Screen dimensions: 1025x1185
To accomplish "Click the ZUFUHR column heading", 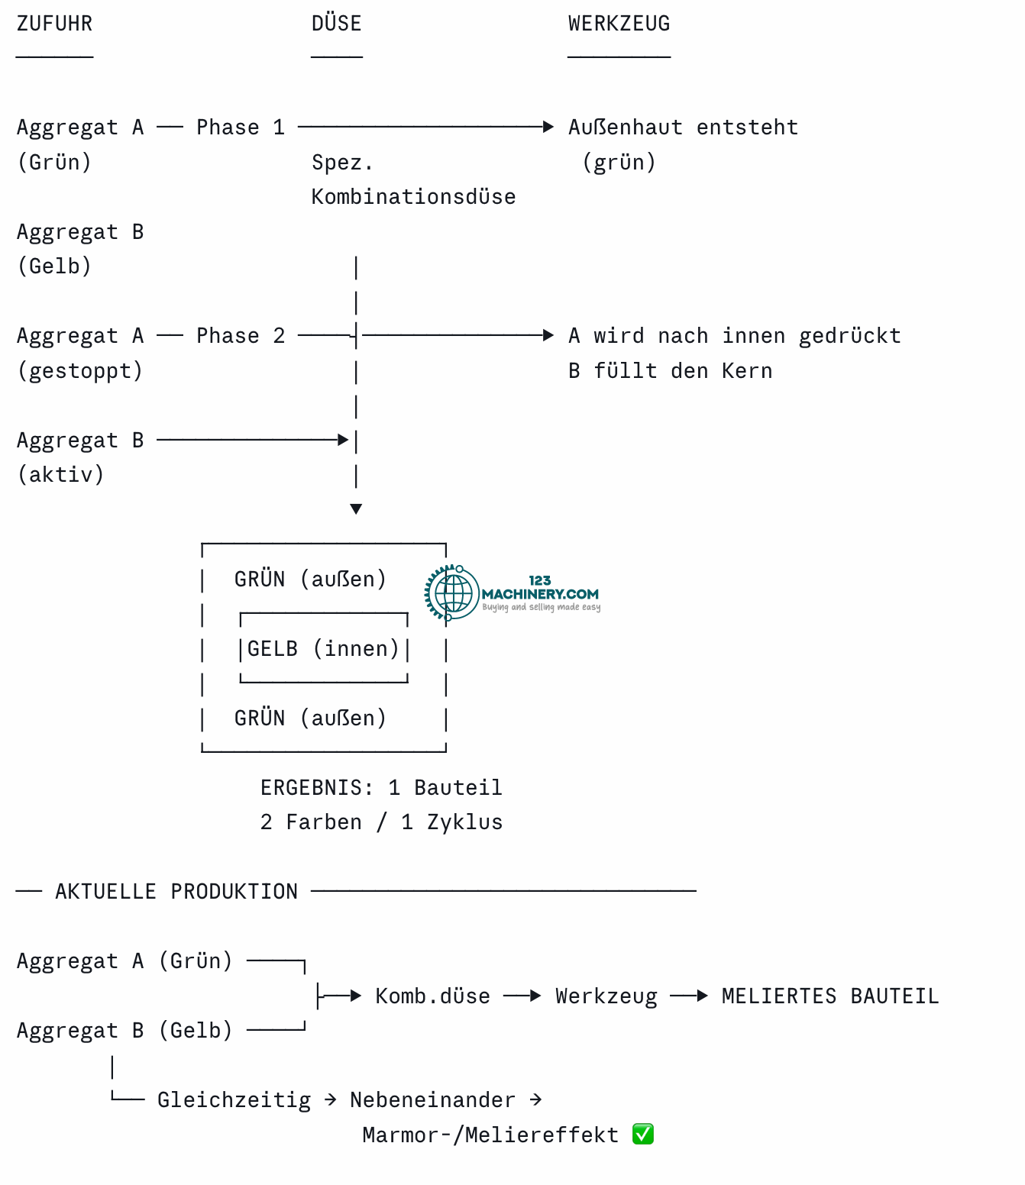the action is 54,24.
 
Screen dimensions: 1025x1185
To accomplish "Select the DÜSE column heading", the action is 336,23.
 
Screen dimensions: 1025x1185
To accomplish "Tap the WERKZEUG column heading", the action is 619,24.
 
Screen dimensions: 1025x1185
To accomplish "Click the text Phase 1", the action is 241,128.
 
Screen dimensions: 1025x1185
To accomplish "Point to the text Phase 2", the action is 241,336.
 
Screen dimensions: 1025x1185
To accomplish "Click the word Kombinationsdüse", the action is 413,197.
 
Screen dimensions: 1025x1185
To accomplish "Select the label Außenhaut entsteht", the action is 683,128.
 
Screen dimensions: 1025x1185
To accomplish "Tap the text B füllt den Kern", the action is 670,371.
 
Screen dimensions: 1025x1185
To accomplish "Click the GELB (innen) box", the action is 324,647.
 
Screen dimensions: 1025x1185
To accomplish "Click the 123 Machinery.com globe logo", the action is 452,592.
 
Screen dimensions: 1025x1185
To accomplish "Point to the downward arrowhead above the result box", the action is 356,509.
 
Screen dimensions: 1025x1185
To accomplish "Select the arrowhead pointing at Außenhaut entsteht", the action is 548,127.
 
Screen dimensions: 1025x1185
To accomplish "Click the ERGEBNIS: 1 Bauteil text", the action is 381,788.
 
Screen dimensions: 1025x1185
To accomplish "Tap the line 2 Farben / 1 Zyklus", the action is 381,822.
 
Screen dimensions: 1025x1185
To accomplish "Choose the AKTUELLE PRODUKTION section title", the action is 176,892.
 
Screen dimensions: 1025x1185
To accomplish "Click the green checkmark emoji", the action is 642,1134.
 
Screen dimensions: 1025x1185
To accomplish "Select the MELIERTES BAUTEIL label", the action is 829,996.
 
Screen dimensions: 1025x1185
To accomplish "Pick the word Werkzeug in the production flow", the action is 606,996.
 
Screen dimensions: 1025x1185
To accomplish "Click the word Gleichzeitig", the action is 234,1100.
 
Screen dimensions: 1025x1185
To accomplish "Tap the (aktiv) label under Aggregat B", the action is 61,475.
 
